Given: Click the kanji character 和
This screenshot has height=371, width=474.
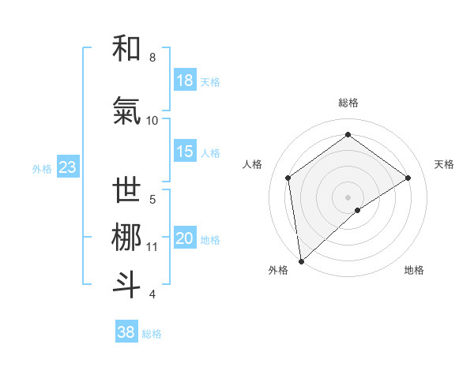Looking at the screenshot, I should point(127,48).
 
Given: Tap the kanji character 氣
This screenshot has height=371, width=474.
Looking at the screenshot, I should point(127,111).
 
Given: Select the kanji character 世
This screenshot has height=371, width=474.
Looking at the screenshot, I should point(127,190).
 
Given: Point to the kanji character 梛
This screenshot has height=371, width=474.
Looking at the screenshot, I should point(127,238).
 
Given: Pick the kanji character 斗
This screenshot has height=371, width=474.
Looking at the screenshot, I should point(127,285).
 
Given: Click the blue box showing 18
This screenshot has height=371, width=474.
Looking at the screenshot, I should point(185,81).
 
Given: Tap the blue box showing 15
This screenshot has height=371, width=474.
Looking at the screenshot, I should point(185,152).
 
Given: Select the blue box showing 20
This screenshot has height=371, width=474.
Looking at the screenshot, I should point(185,238).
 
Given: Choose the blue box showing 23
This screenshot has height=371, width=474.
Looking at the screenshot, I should point(67,167).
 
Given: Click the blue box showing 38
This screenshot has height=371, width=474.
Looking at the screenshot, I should point(126,332).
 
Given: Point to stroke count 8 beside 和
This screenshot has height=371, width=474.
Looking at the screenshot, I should point(152,58).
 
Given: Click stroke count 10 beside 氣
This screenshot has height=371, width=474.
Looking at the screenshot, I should point(152,121).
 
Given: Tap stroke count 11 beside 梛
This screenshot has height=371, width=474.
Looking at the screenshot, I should point(152,247).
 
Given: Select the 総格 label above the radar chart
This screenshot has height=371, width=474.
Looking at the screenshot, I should point(348,103).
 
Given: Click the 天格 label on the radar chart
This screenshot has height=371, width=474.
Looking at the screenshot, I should point(445,164).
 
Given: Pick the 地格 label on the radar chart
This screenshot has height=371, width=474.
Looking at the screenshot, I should point(414,270).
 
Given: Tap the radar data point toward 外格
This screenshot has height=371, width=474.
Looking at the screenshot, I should point(300,260).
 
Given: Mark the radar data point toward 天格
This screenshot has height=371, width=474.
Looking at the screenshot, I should point(408,178).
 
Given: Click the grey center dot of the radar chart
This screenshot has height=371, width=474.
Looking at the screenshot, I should point(348,196).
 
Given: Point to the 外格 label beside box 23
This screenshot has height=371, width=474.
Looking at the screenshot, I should point(42,168).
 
